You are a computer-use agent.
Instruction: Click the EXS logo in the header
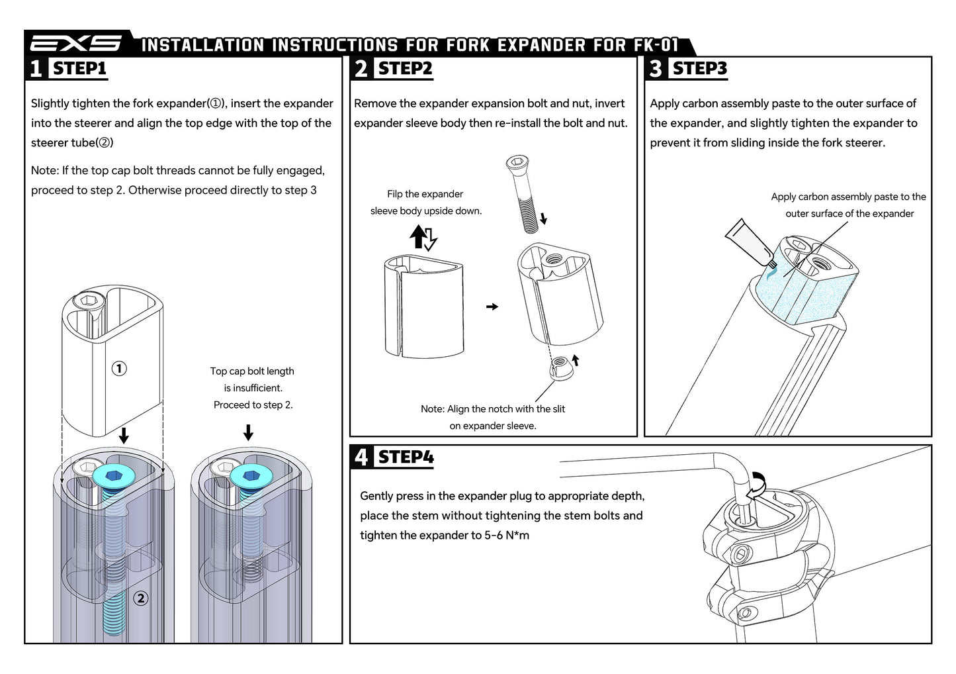coord(76,44)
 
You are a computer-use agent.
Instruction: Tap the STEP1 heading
coord(79,68)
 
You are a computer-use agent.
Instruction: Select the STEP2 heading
coord(405,68)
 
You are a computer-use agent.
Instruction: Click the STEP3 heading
coord(699,68)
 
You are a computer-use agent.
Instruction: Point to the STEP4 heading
coord(406,457)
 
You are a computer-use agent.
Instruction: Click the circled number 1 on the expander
coord(119,369)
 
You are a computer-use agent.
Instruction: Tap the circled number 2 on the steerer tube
coord(140,599)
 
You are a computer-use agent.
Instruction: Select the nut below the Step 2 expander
coord(562,367)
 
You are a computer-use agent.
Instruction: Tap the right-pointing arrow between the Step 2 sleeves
coord(492,307)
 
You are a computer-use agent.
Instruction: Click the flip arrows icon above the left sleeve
coord(423,238)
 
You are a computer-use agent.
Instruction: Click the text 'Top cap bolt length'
coord(252,371)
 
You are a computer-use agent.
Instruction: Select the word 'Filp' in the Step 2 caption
coord(394,194)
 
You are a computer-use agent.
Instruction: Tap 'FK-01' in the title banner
coord(656,45)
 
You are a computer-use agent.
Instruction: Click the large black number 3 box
coord(656,68)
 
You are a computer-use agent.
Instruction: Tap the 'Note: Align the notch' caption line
coord(493,409)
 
